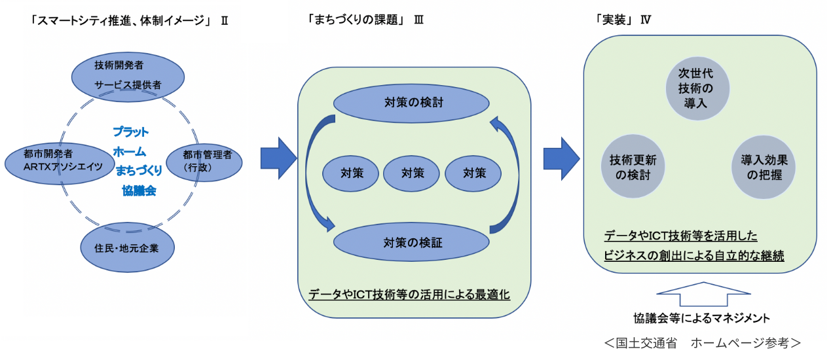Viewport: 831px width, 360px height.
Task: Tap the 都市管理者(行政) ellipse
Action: pos(204,160)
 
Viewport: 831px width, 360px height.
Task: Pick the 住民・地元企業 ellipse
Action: pos(119,247)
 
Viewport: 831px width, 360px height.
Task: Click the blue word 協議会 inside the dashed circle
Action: pos(138,191)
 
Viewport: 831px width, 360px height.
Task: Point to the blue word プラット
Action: pos(130,132)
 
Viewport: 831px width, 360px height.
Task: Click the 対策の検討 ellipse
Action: pos(412,103)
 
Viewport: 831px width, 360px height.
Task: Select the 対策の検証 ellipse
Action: pos(412,242)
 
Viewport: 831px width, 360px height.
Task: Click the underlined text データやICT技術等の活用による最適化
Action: pos(409,295)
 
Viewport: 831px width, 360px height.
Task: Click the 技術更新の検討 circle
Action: pos(633,167)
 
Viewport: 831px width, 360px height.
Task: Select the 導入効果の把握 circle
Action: pos(764,167)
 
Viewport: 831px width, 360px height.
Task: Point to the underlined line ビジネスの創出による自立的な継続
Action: pos(694,255)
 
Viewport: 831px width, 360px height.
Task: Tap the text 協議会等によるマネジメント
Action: pos(701,318)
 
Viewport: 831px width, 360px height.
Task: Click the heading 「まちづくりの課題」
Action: pos(354,20)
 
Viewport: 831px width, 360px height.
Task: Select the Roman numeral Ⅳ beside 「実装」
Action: pos(645,20)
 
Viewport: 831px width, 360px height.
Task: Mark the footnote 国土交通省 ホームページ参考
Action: pos(701,342)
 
